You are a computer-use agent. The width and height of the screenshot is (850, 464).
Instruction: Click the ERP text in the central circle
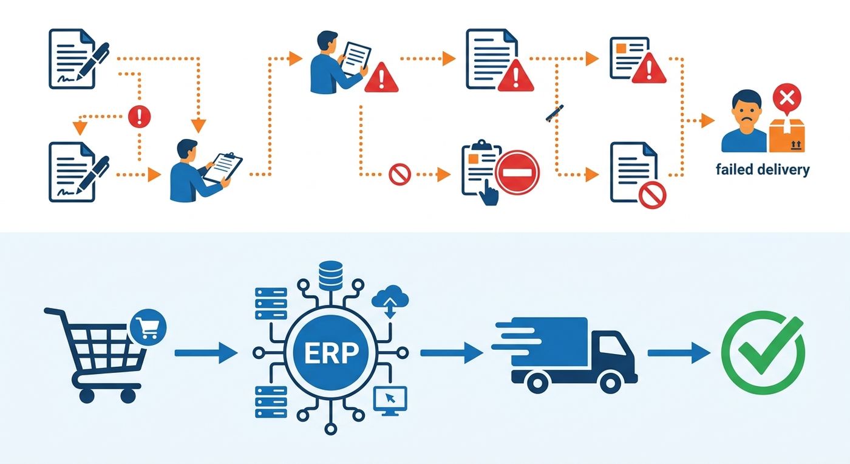(x=331, y=353)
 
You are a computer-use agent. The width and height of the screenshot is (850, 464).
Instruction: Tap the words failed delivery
(x=763, y=169)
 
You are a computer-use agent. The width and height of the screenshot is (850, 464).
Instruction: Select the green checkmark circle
(x=763, y=352)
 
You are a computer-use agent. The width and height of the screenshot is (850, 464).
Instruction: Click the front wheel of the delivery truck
(x=610, y=383)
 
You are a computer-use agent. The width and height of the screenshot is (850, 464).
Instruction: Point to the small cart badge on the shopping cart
(x=148, y=327)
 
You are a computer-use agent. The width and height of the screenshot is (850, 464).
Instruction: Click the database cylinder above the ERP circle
(x=331, y=276)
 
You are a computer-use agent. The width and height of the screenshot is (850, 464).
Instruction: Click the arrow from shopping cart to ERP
(x=206, y=353)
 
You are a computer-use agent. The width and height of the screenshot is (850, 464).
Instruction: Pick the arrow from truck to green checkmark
(x=679, y=353)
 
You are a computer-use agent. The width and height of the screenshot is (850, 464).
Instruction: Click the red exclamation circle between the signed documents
(x=139, y=116)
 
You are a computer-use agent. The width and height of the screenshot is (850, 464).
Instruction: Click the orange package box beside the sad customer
(x=787, y=135)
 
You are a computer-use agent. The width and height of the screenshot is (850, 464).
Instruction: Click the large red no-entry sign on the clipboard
(x=517, y=172)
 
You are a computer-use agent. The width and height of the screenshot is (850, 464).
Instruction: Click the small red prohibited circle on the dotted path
(x=399, y=174)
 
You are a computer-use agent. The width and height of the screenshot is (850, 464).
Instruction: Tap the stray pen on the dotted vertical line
(x=555, y=114)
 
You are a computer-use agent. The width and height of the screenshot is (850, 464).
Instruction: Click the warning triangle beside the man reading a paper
(x=381, y=78)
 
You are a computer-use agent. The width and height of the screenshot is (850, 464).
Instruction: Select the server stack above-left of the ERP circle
(x=271, y=304)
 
